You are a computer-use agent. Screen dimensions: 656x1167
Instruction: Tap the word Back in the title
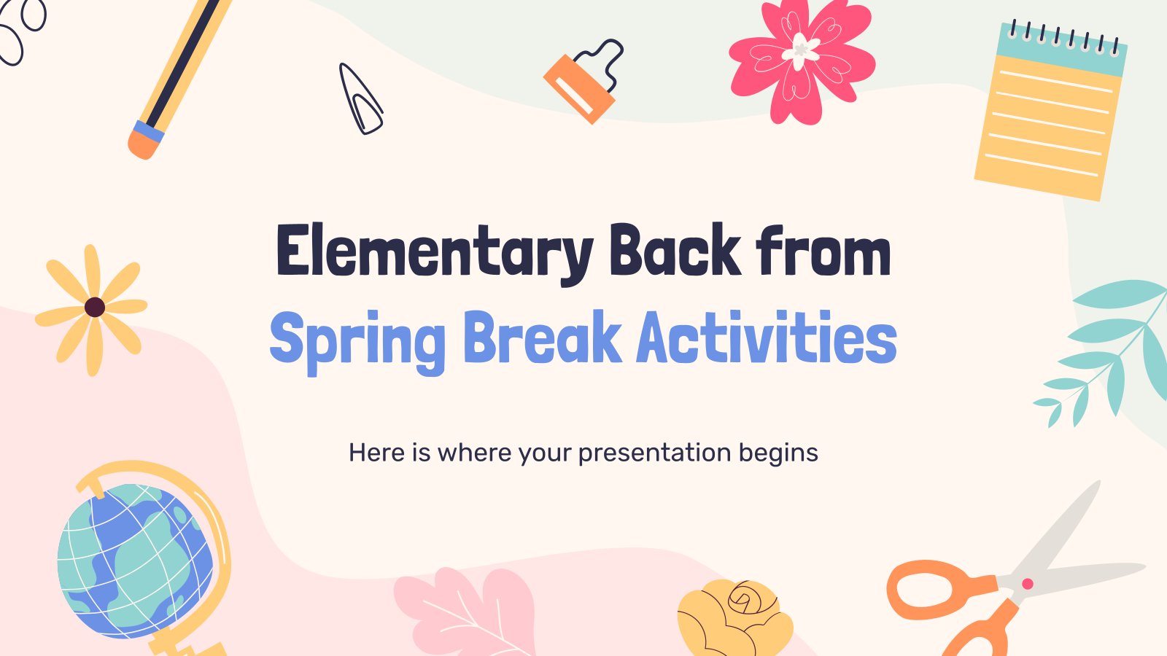pos(674,251)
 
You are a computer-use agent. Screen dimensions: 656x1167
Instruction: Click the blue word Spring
pos(357,340)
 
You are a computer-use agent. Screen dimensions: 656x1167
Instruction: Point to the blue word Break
pos(542,338)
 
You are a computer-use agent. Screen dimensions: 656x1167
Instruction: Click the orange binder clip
pos(580,87)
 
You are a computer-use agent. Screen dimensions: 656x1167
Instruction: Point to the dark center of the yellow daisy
pos(95,307)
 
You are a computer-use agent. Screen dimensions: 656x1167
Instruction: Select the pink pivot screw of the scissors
pos(1028,583)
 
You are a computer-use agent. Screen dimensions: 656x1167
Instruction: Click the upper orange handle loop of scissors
pos(934,589)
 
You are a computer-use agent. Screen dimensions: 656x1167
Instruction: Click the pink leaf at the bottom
pos(467,612)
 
